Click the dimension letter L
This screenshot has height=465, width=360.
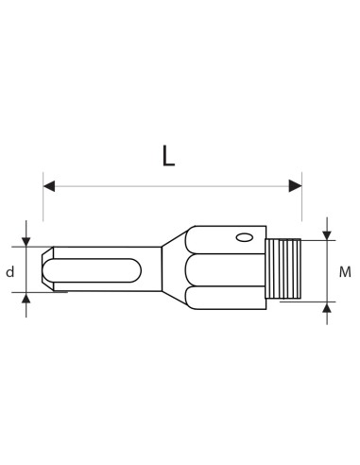tap(168, 156)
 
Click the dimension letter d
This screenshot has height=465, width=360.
tap(10, 272)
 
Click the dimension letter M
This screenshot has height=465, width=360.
tap(345, 272)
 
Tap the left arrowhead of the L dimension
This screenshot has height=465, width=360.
tap(49, 186)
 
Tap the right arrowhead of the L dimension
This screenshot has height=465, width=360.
tap(296, 186)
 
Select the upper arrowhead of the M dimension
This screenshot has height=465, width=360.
tap(327, 234)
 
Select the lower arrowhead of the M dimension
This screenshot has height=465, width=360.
tap(327, 307)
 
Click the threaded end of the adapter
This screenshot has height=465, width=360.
tap(283, 269)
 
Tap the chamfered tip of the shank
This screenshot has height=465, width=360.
tap(47, 269)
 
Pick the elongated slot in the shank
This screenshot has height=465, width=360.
tap(94, 269)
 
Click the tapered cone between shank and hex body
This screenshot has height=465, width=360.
tap(176, 268)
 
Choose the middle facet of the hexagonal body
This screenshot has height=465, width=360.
tap(227, 268)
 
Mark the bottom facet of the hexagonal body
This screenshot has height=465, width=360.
tap(227, 297)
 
